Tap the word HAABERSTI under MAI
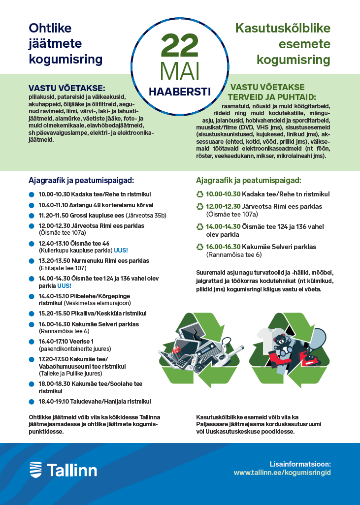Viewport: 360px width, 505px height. coord(179,92)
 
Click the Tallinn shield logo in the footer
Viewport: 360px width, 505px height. coord(36,470)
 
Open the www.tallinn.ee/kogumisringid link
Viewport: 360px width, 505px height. coord(282,472)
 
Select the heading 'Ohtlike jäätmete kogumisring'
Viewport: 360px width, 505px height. coord(65,44)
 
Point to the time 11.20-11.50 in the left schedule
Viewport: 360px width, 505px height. coord(54,215)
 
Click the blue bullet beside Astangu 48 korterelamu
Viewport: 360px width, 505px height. coord(32,205)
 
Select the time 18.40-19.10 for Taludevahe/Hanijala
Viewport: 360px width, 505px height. coord(54,401)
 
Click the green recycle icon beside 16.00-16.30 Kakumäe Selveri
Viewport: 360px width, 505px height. coord(199,247)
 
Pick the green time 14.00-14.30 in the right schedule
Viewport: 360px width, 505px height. coord(223,226)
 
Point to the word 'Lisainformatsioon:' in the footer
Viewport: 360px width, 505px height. coord(300,464)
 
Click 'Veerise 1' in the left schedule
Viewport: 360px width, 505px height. coord(81,341)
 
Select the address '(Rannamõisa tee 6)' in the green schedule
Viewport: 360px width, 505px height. coord(233,254)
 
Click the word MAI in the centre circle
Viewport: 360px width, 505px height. coord(179,72)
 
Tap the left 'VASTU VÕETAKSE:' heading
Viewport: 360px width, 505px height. coord(67,88)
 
